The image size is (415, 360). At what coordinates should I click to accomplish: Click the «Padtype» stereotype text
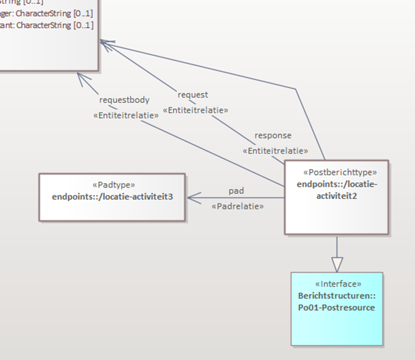tap(112, 185)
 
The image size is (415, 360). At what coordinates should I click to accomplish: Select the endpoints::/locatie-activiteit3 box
tap(112, 204)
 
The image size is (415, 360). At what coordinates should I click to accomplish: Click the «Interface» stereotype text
tap(337, 284)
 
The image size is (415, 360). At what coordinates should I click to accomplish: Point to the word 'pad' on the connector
tap(236, 191)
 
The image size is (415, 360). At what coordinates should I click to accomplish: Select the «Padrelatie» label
tap(237, 207)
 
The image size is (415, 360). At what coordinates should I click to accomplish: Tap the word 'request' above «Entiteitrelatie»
tap(193, 95)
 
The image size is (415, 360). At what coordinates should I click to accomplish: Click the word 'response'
tap(273, 135)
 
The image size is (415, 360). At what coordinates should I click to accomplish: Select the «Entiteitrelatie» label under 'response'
tap(276, 150)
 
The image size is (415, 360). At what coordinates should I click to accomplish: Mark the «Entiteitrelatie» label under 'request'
tap(197, 110)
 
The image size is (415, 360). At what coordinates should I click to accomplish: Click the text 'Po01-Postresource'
tap(337, 307)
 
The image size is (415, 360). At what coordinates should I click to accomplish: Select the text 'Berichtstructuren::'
tap(337, 295)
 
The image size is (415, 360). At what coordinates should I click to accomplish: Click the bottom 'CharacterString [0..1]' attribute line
tap(55, 25)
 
